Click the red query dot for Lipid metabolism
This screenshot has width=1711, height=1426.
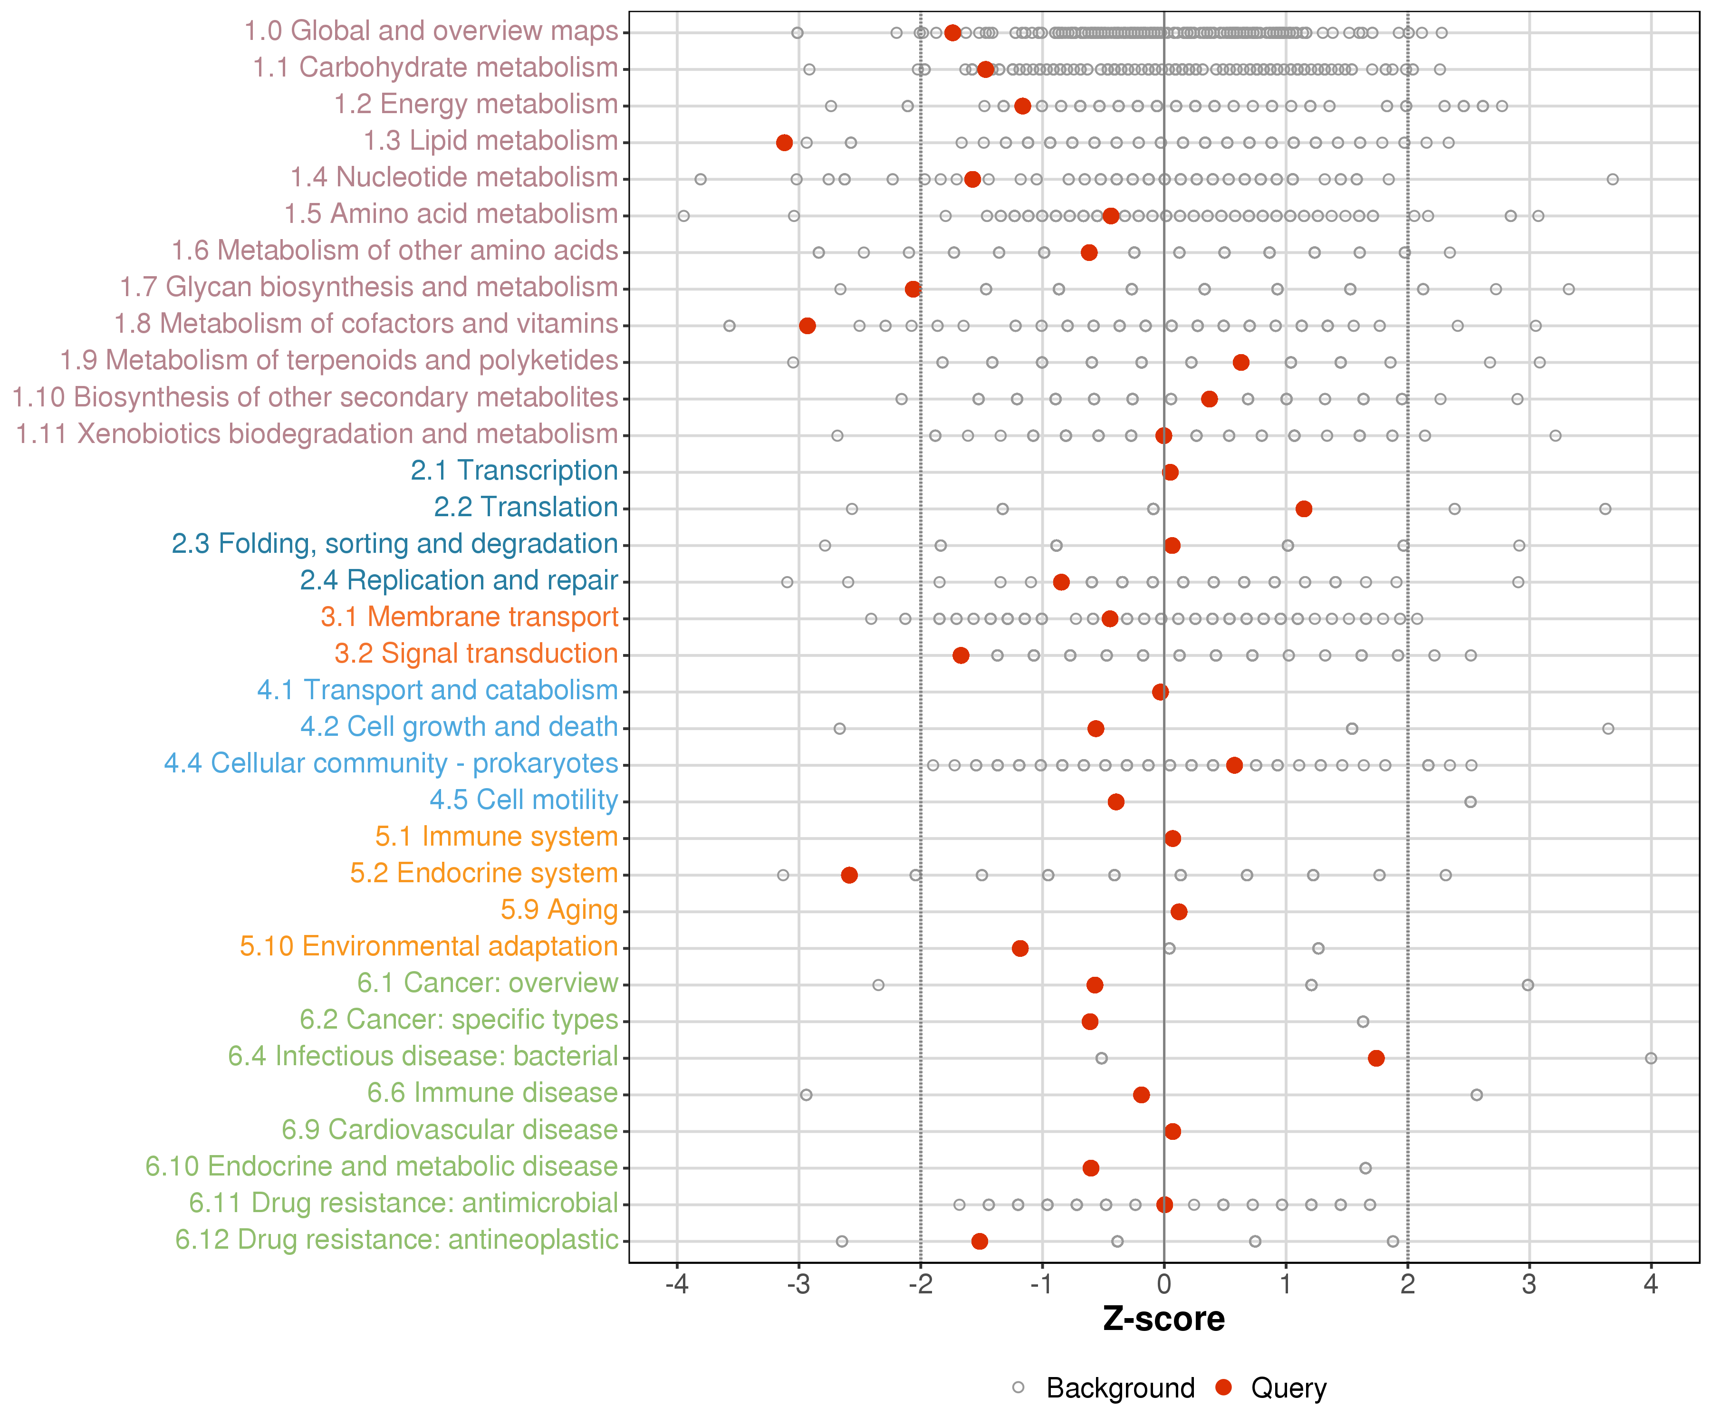point(784,143)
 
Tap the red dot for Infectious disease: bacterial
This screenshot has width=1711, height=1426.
point(1376,1058)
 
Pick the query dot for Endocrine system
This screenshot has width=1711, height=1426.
point(849,874)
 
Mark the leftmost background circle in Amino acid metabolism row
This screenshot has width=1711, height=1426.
point(683,216)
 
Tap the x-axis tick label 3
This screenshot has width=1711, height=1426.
point(1528,1285)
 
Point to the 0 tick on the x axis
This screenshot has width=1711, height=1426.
point(1163,1285)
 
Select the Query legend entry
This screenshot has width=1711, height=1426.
point(1288,1387)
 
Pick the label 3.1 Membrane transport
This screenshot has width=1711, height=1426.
point(469,617)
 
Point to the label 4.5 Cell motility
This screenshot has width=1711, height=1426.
point(523,800)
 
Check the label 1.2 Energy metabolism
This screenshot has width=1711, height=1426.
point(476,104)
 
